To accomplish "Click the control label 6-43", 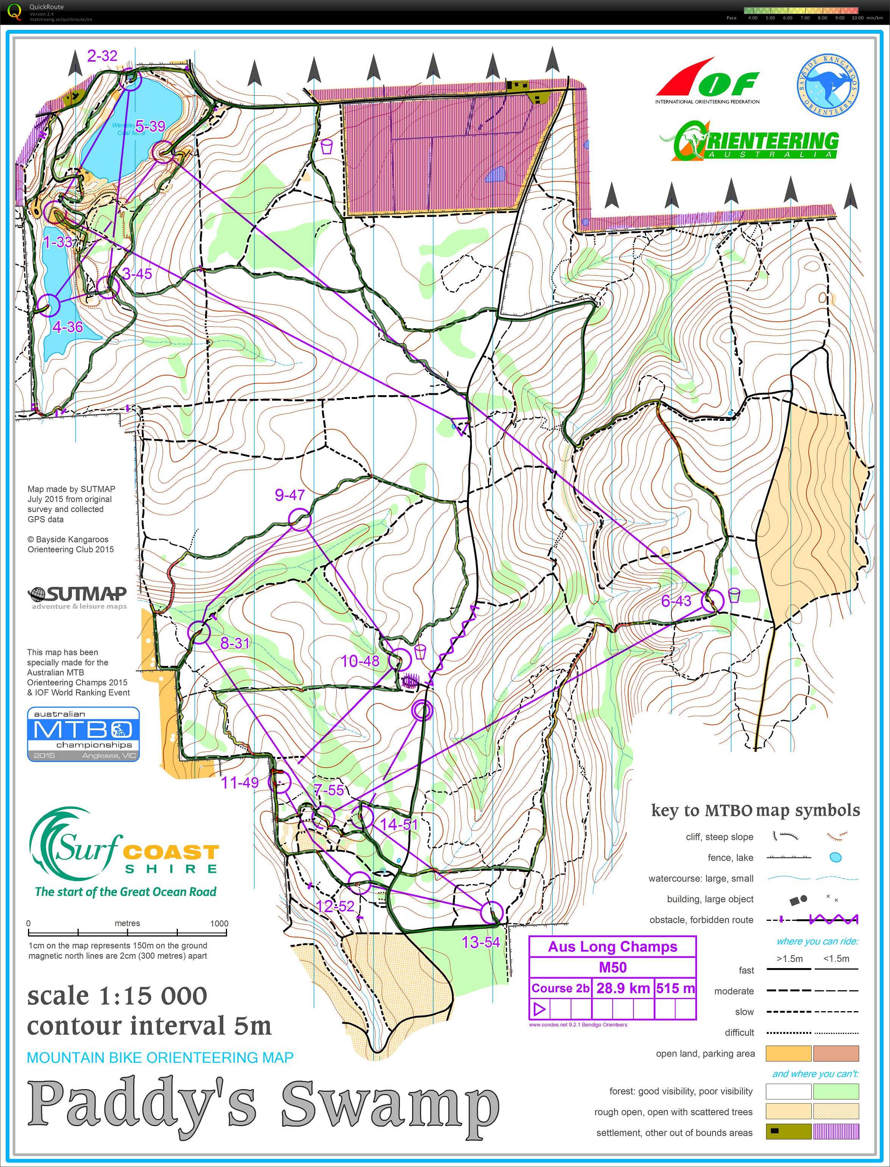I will click(676, 601).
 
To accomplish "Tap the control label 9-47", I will click(289, 495).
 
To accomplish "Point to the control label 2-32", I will click(102, 56).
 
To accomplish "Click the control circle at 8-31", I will click(199, 632).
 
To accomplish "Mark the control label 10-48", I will click(360, 661).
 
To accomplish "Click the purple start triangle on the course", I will click(461, 425).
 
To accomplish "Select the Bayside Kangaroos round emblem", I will click(828, 85).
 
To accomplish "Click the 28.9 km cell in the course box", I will click(622, 988).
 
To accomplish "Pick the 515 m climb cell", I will click(675, 988).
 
